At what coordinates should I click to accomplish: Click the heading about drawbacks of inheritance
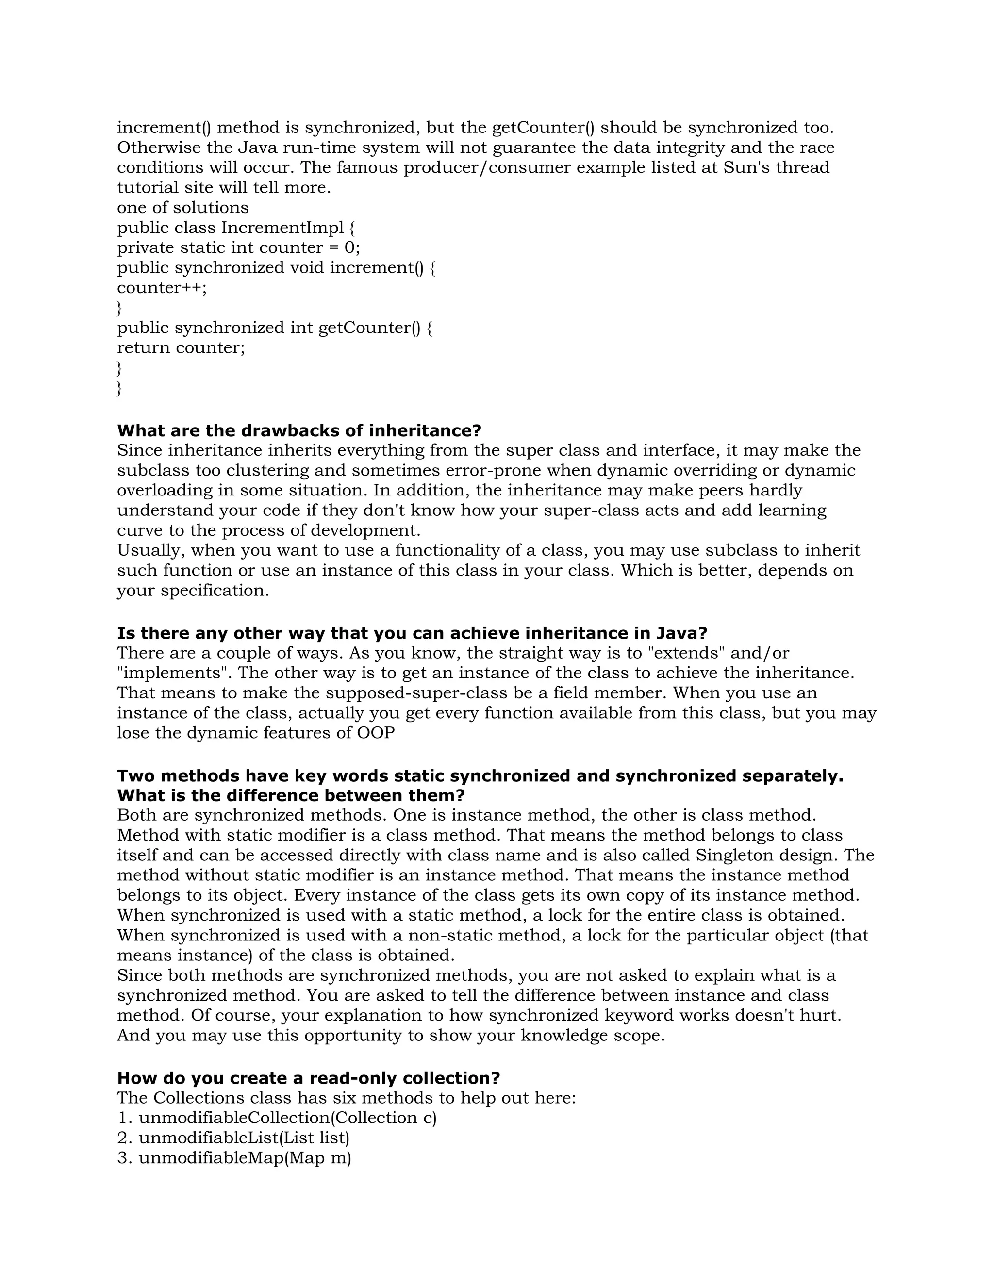(299, 430)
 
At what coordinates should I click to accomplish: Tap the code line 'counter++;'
(162, 288)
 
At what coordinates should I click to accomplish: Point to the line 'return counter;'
(181, 348)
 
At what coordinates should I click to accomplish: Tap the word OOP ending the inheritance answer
(376, 733)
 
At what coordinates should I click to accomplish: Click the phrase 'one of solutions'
(182, 208)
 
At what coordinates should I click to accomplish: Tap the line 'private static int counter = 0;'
(238, 247)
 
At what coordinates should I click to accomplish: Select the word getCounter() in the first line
(544, 128)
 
